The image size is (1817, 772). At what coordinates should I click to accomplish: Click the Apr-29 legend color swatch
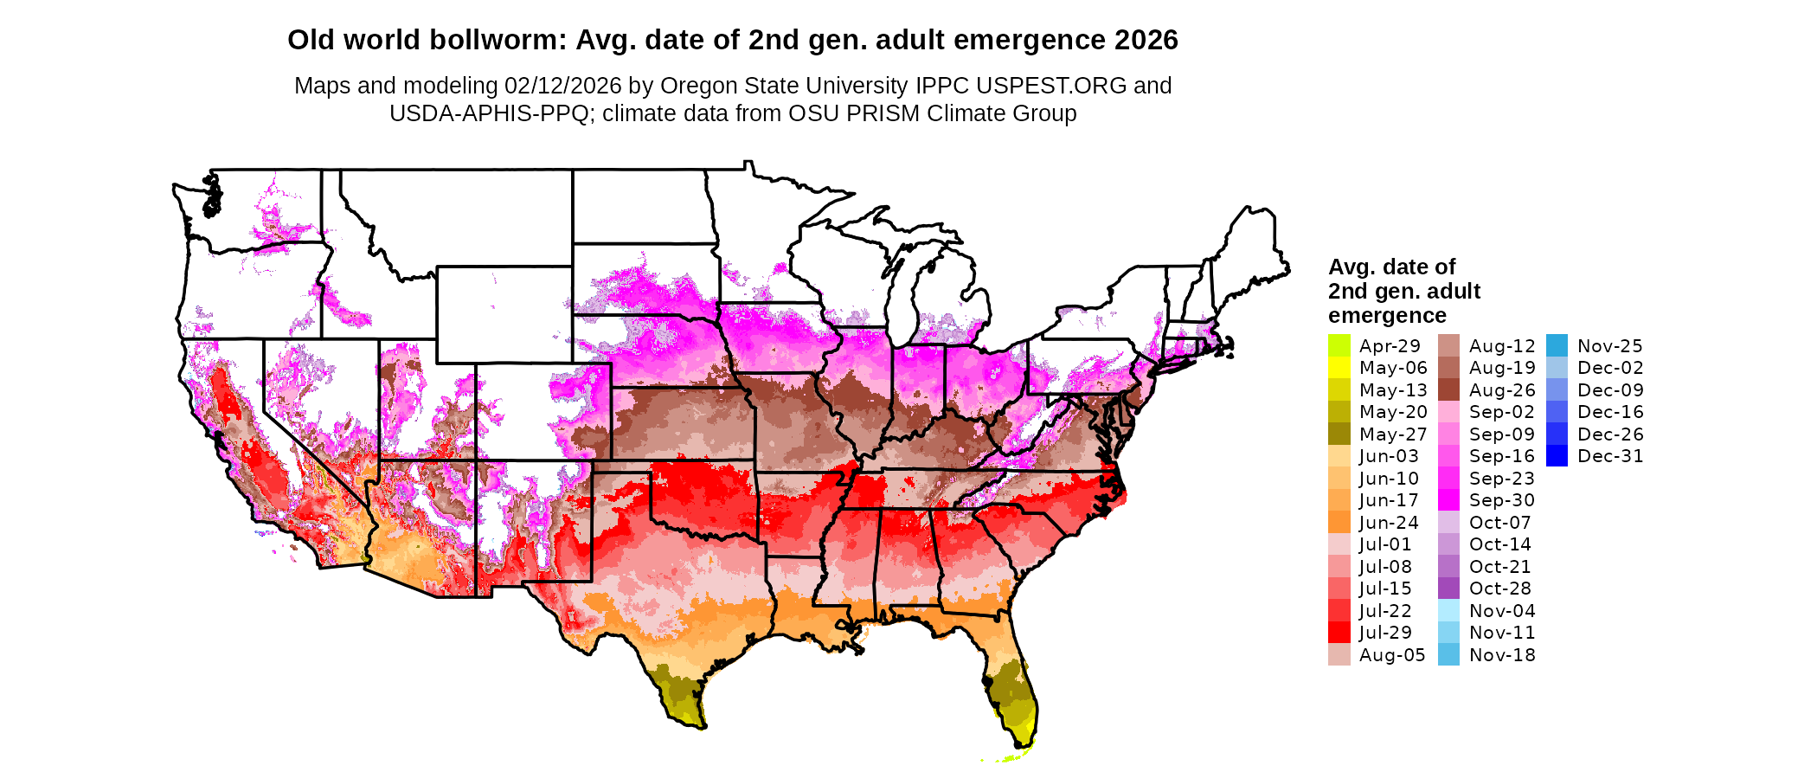coord(1339,345)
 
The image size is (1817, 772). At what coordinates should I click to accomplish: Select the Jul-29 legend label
coord(1385,633)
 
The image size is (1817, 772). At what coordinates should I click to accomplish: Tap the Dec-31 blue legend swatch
coord(1557,456)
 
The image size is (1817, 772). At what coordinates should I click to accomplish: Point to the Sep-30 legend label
coord(1501,500)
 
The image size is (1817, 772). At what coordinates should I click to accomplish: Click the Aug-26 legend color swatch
coord(1448,390)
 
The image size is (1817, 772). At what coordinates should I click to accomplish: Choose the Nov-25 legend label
coord(1609,346)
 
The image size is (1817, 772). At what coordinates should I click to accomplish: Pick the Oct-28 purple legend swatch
coord(1448,589)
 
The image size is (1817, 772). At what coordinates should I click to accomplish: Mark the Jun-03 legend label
coord(1389,456)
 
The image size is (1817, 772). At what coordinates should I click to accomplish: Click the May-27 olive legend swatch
coord(1339,434)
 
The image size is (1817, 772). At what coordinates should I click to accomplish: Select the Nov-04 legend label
coord(1501,611)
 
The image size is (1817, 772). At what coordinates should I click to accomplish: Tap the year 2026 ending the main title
coord(1146,41)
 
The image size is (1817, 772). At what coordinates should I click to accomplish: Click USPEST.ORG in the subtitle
coord(1051,86)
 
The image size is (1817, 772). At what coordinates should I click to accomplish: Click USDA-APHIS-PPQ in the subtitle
coord(489,113)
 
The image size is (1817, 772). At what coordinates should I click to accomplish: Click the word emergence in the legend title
coord(1387,316)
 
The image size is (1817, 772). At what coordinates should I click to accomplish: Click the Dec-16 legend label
coord(1609,412)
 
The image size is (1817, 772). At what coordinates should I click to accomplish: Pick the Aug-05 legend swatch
coord(1339,655)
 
